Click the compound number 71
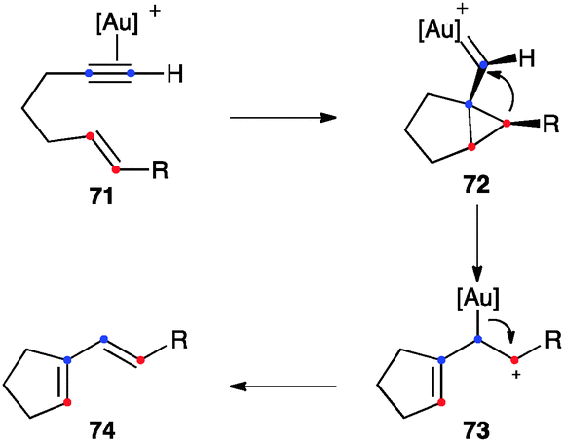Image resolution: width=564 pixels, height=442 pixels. click(x=101, y=197)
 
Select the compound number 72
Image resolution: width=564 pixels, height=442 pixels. click(x=477, y=186)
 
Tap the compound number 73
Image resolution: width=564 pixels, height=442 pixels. click(x=477, y=430)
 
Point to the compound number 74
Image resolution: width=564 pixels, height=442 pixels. click(x=103, y=430)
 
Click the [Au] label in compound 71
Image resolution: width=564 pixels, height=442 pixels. click(x=117, y=24)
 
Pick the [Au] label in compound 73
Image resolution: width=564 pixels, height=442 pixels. click(x=478, y=298)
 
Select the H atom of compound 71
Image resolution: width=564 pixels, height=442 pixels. click(x=175, y=74)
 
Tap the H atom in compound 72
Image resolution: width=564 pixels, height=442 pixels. click(x=527, y=58)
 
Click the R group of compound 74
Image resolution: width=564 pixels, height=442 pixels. click(x=179, y=340)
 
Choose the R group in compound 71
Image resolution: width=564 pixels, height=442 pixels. click(x=160, y=170)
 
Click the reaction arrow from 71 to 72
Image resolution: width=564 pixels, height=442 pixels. click(x=283, y=117)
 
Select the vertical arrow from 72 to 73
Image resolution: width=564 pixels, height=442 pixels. click(x=477, y=243)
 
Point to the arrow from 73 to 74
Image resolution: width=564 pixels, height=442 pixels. click(x=283, y=387)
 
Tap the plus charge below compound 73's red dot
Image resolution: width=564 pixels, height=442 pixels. click(x=516, y=375)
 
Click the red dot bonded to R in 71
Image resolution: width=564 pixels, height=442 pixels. click(x=116, y=169)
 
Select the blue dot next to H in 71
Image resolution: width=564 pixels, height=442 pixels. click(x=131, y=73)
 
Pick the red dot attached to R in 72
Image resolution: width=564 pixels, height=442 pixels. click(x=507, y=124)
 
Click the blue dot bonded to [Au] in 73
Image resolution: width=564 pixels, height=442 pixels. click(x=478, y=339)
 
